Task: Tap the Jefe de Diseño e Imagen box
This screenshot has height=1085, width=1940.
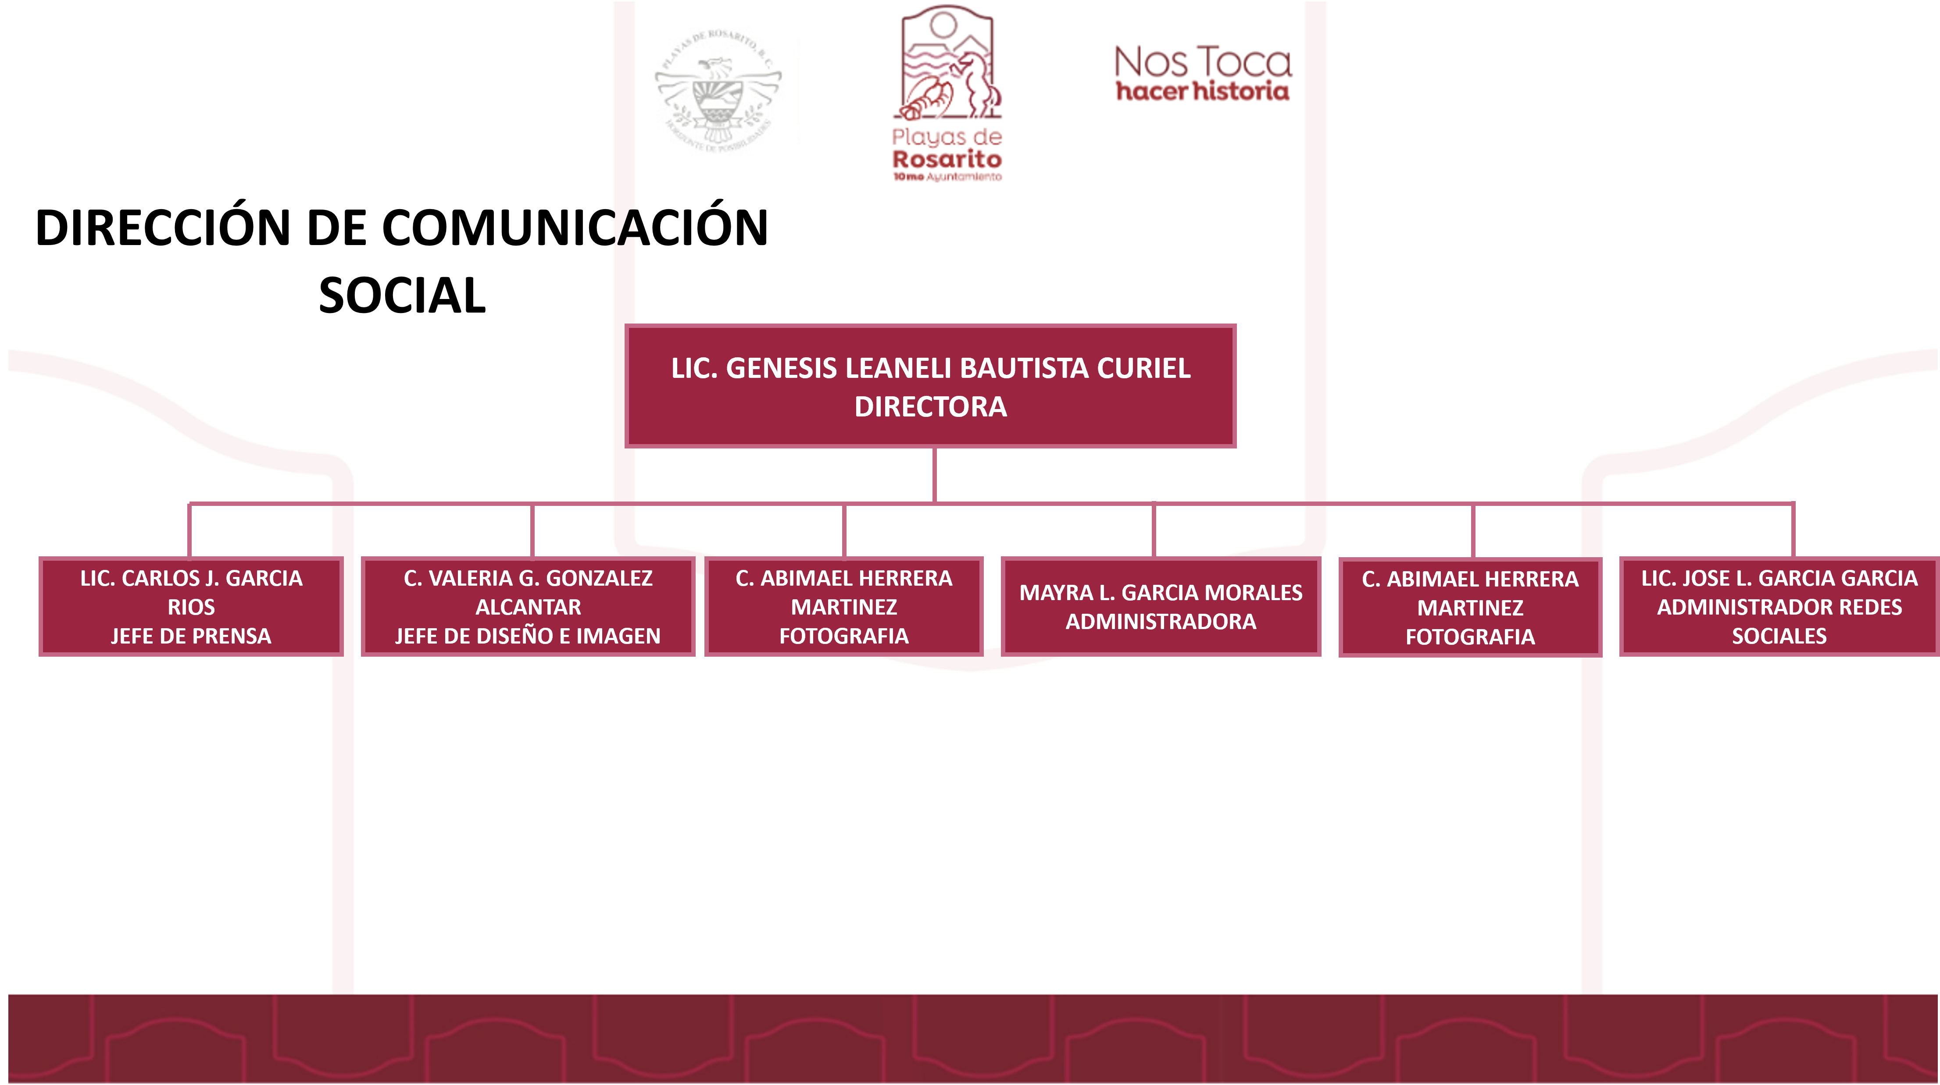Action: tap(528, 607)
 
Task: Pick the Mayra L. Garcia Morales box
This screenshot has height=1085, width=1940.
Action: tap(1161, 607)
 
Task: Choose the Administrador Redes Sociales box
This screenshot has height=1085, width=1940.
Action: tap(1779, 607)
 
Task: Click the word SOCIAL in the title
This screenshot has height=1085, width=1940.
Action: tap(402, 295)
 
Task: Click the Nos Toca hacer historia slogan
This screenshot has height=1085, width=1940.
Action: tap(1203, 73)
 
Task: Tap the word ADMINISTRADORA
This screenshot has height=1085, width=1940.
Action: tap(1161, 622)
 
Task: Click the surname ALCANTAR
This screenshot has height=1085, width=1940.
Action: tap(528, 607)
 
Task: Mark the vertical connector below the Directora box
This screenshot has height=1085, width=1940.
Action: tap(934, 474)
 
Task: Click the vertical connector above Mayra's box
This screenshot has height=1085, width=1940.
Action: tap(1154, 531)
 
